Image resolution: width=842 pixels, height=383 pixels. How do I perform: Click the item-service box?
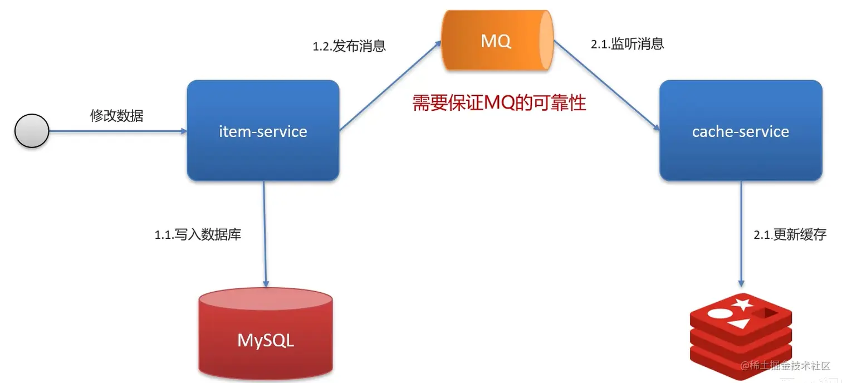[263, 131]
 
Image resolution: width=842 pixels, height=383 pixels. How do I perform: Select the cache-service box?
[741, 131]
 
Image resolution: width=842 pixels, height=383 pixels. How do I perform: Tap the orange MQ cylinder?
[497, 42]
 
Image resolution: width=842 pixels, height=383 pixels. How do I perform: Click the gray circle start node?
[32, 131]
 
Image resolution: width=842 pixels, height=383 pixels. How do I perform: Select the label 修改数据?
[116, 116]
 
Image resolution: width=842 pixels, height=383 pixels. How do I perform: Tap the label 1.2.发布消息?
[349, 46]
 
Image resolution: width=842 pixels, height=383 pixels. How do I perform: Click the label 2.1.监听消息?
[628, 45]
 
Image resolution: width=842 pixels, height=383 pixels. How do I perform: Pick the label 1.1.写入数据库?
[198, 235]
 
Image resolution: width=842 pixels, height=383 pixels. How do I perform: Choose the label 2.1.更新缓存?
[790, 235]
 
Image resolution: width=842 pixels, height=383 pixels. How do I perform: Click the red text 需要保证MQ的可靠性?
[499, 103]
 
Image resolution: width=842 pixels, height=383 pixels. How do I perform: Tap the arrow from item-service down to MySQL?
[265, 234]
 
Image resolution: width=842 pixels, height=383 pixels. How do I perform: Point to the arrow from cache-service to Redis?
[741, 234]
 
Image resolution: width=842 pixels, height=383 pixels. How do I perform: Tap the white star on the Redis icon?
[742, 304]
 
